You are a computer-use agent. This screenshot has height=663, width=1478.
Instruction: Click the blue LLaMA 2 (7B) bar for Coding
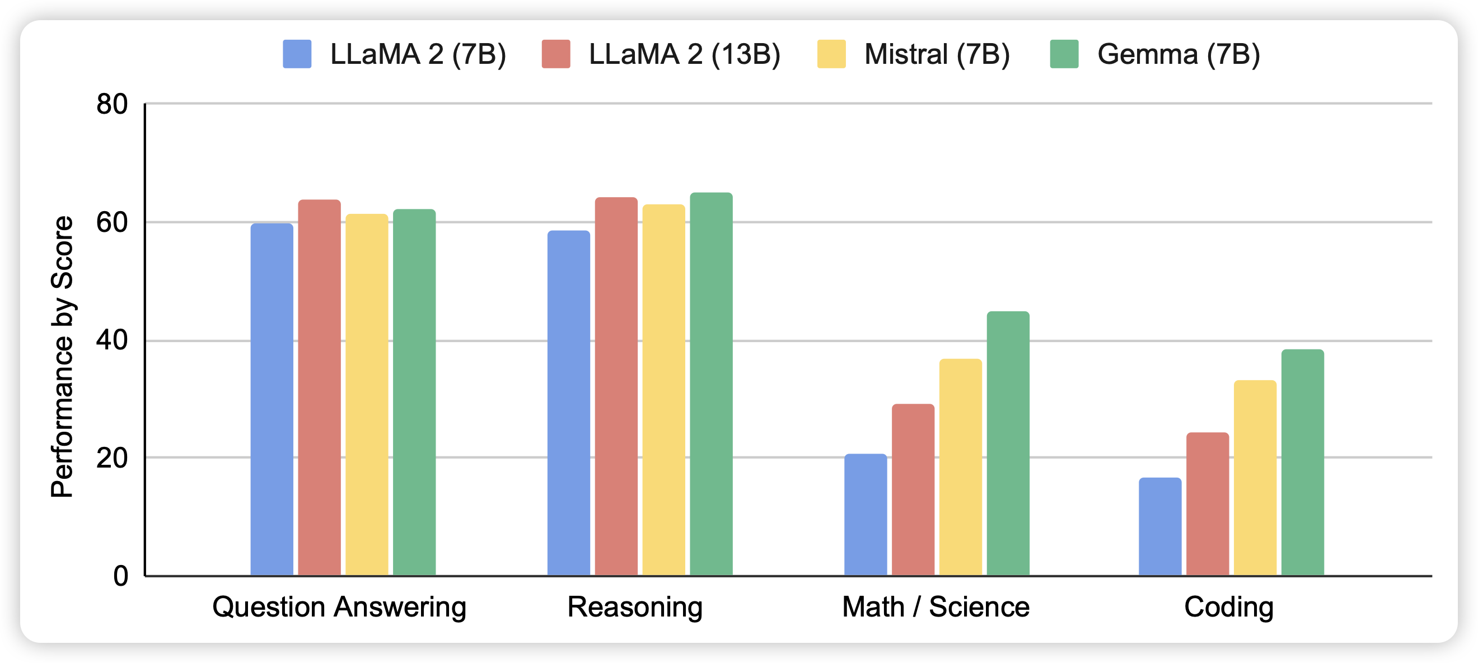coord(1159,526)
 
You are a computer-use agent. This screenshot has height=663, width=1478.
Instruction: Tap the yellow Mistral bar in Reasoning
coord(663,390)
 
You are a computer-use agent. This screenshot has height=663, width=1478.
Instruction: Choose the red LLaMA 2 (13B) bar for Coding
coord(1207,503)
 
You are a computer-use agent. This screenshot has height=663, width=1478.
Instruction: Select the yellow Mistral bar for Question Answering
coord(367,394)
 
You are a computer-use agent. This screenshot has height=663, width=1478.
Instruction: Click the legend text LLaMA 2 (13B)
coord(685,54)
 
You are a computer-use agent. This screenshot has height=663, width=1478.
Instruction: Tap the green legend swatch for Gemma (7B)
coord(1064,54)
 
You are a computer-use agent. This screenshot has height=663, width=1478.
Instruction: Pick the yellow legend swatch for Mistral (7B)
coord(831,54)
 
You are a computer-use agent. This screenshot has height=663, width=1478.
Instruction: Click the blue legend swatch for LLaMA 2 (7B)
coord(297,54)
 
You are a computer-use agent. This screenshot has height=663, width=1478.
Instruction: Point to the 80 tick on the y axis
coord(113,105)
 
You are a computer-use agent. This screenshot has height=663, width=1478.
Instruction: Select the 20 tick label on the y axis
coord(113,458)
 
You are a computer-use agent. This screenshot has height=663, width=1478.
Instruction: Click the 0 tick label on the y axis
coord(120,576)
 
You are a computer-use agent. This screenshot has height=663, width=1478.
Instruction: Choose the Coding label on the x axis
coord(1228,607)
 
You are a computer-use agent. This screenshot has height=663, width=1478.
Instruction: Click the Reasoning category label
coord(634,607)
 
